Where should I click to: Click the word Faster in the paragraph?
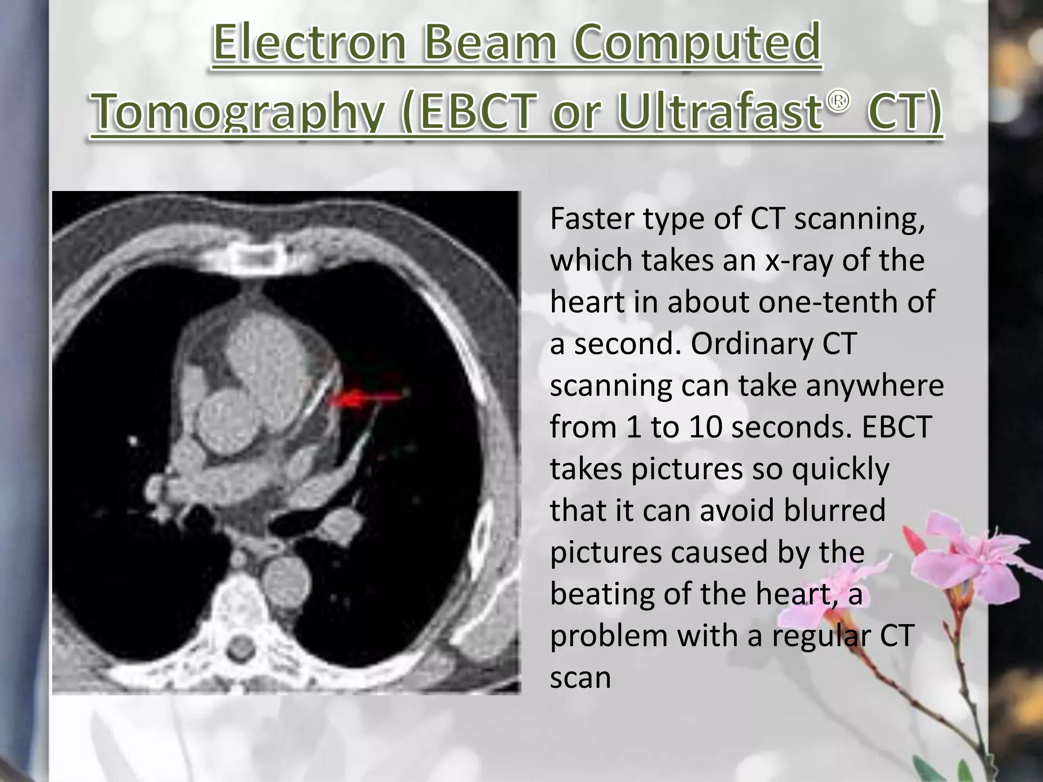point(592,218)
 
